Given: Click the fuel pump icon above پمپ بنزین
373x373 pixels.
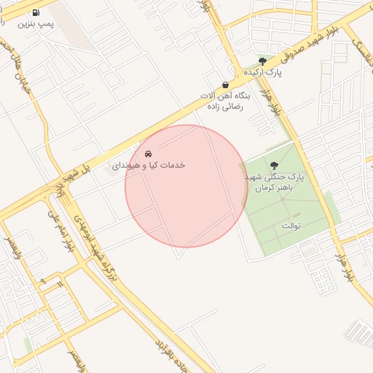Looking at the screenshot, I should (x=36, y=12).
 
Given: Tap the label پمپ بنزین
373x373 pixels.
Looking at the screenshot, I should (x=36, y=23).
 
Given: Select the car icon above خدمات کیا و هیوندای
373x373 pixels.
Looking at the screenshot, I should (x=149, y=154).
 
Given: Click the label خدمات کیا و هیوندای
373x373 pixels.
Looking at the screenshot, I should (x=149, y=165).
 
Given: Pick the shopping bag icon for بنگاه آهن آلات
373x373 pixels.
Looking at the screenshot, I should (x=225, y=85).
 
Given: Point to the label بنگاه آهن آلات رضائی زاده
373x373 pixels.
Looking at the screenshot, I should (x=225, y=101).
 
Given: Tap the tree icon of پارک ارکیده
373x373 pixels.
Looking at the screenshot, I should (x=262, y=61).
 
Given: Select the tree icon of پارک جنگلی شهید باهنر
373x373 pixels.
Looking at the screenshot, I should (x=274, y=166).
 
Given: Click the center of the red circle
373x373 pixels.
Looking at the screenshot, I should (x=186, y=186).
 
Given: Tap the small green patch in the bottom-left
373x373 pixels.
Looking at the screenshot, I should (x=28, y=342).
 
